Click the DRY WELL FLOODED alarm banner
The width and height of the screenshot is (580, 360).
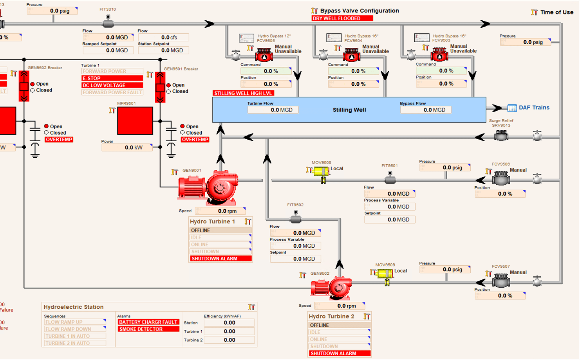[x=342, y=18]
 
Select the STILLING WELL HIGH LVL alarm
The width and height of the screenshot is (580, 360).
[x=243, y=93]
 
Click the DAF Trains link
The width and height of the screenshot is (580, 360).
[x=534, y=108]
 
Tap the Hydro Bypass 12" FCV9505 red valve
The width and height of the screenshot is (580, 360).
[x=264, y=55]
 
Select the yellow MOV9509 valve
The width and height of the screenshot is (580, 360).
[x=385, y=274]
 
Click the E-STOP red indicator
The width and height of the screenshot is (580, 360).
[x=112, y=78]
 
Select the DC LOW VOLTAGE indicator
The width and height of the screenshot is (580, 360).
[x=112, y=85]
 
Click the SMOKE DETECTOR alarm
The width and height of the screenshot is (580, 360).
[x=148, y=329]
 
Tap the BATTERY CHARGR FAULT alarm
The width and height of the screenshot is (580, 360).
[x=148, y=322]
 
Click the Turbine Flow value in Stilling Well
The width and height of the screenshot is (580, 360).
[x=273, y=110]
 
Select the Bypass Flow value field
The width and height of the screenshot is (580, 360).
[x=426, y=110]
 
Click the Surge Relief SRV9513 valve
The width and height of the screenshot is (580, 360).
[x=501, y=136]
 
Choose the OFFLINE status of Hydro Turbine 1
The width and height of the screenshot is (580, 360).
[x=220, y=230]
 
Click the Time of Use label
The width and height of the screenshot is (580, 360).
[x=557, y=12]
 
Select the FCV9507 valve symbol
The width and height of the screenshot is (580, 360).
[x=501, y=281]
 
